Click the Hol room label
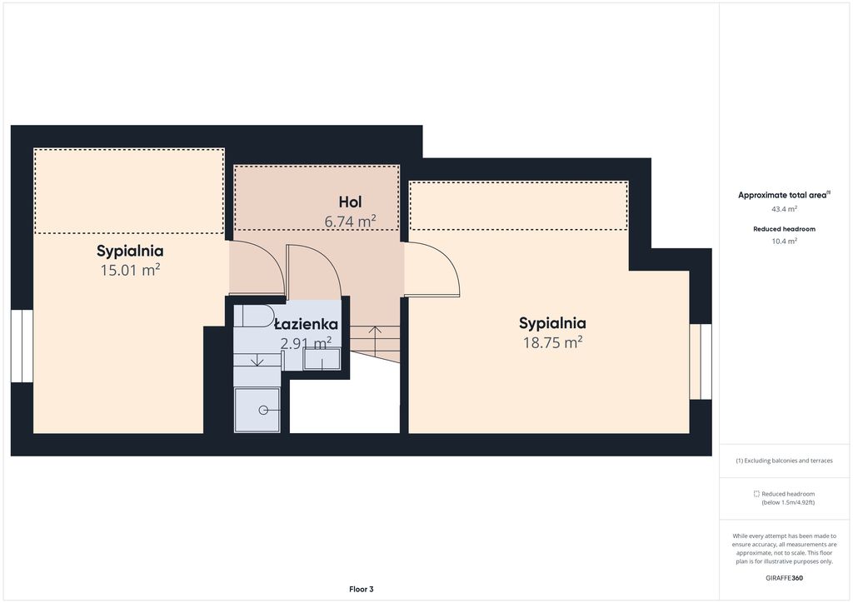[x=350, y=202]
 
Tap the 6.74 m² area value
[x=351, y=222]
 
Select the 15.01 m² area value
[x=130, y=270]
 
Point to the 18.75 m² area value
[x=553, y=342]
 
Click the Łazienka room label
[x=307, y=324]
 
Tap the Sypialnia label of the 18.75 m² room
[x=552, y=323]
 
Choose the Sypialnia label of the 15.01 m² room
[x=130, y=252]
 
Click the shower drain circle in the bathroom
[x=263, y=410]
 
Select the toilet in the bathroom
[x=254, y=316]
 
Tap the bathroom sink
[x=322, y=359]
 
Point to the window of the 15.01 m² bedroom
[x=22, y=346]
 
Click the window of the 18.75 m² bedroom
[x=701, y=361]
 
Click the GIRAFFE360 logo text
[x=784, y=578]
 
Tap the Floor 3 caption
[x=362, y=589]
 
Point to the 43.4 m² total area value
[x=785, y=209]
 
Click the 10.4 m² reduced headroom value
[x=785, y=241]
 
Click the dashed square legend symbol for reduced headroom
[x=756, y=494]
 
